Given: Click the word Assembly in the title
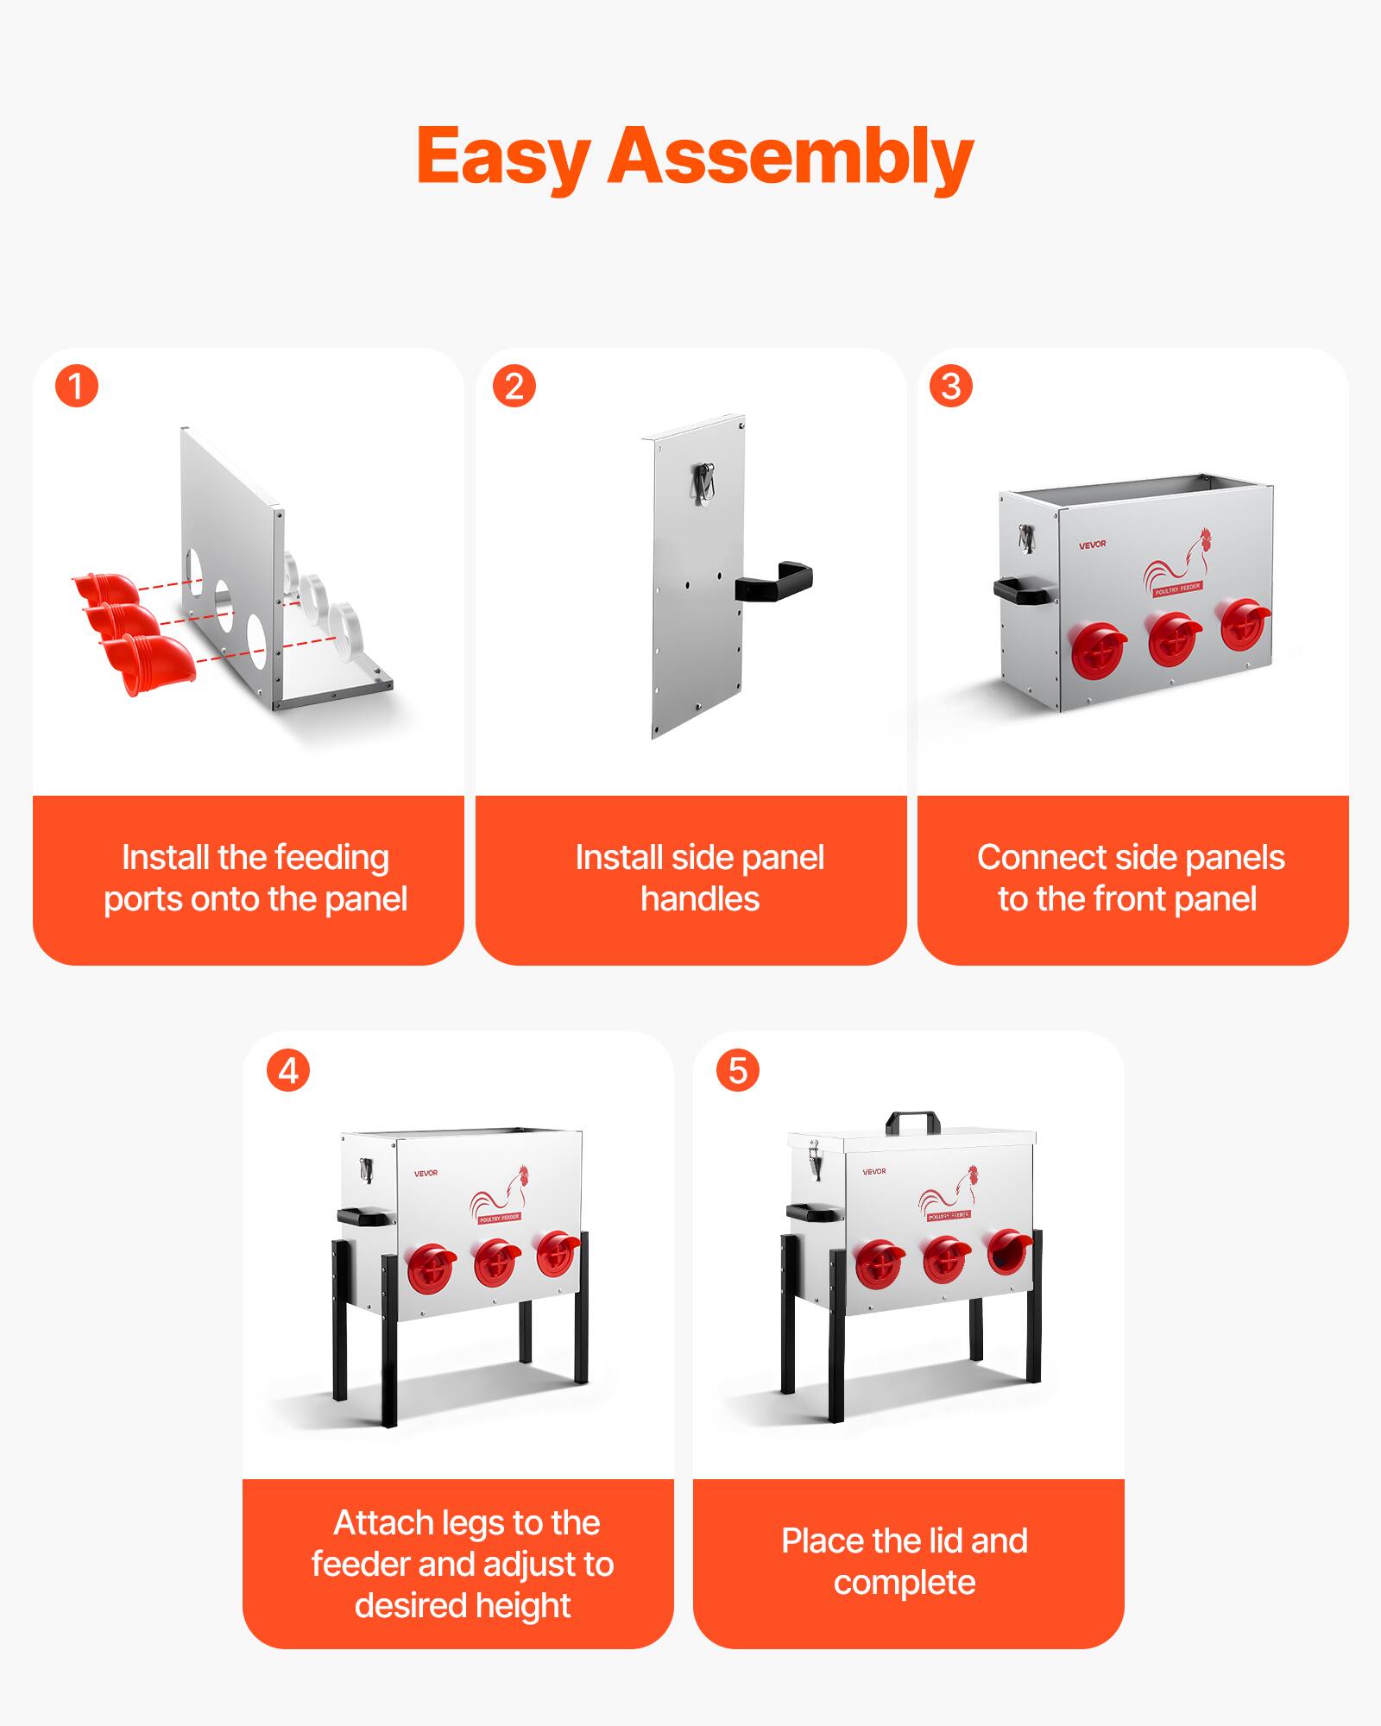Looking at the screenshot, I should pos(790,157).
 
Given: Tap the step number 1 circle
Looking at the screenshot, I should pos(77,386).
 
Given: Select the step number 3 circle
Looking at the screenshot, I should pos(950,386).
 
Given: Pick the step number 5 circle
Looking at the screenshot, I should pos(738,1070).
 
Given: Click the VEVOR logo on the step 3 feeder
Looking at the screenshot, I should pos(1092,545).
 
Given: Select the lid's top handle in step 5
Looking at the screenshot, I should pos(912,1122).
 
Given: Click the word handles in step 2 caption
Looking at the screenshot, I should pos(700,899).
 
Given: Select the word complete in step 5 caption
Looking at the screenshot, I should pos(905,1583).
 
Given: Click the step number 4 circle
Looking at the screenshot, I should pos(288,1071).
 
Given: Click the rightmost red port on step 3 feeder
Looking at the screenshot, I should pos(1244,626).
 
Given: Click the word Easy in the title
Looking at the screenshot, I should pos(503,157).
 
